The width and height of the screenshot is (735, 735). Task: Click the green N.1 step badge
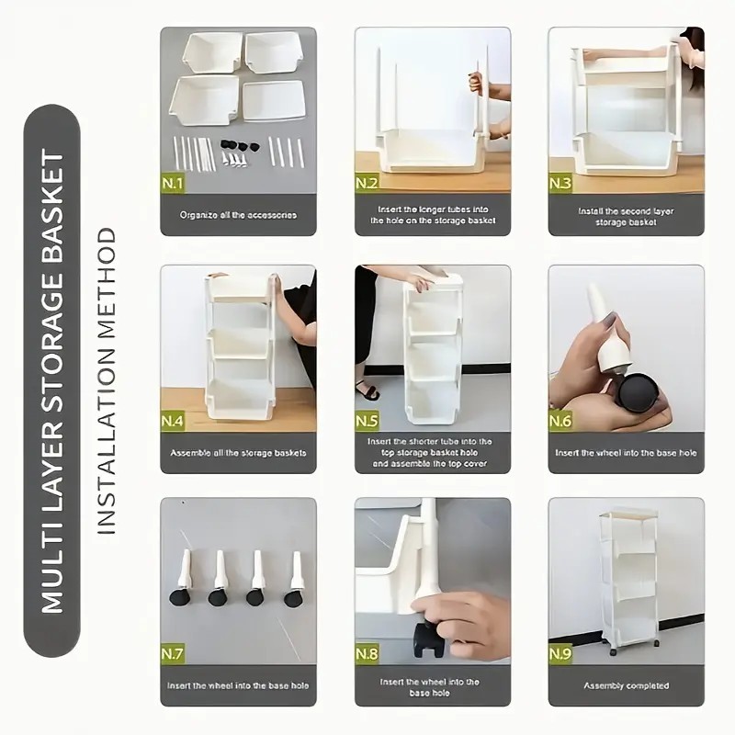point(173,183)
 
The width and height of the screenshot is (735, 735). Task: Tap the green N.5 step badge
point(367,421)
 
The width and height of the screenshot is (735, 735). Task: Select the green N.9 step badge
point(560,653)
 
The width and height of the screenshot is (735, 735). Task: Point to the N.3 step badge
point(560,183)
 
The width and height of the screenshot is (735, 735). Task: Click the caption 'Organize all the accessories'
point(238,215)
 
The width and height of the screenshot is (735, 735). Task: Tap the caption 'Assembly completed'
point(627,685)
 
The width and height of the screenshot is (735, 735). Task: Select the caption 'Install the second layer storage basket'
point(626,217)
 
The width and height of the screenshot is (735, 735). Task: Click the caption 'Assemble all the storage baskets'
point(238,453)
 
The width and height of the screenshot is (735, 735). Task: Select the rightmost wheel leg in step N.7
point(294,580)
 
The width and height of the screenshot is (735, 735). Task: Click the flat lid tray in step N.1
point(274,101)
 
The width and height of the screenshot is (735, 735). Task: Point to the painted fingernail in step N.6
point(611,322)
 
